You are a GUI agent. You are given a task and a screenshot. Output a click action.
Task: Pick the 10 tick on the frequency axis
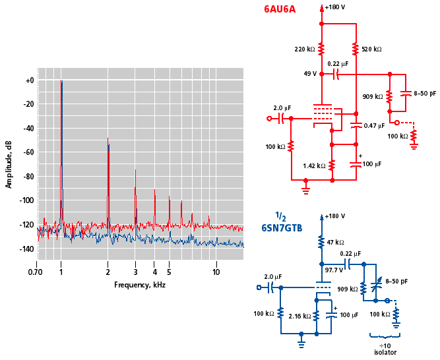click(x=216, y=272)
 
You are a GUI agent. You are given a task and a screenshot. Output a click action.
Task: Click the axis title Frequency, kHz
click(x=140, y=285)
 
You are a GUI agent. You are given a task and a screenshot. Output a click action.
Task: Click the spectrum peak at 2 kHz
click(x=108, y=138)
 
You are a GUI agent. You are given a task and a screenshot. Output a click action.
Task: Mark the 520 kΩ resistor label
click(x=372, y=49)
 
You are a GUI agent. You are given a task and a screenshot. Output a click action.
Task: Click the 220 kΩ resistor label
click(x=304, y=49)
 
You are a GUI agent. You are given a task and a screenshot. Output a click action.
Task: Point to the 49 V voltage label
click(x=309, y=74)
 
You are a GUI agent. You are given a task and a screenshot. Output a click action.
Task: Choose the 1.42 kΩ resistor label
click(x=313, y=165)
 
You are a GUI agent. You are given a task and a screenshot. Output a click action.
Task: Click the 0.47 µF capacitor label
click(x=374, y=125)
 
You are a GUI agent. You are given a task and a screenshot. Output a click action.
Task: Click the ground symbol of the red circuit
click(x=306, y=190)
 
